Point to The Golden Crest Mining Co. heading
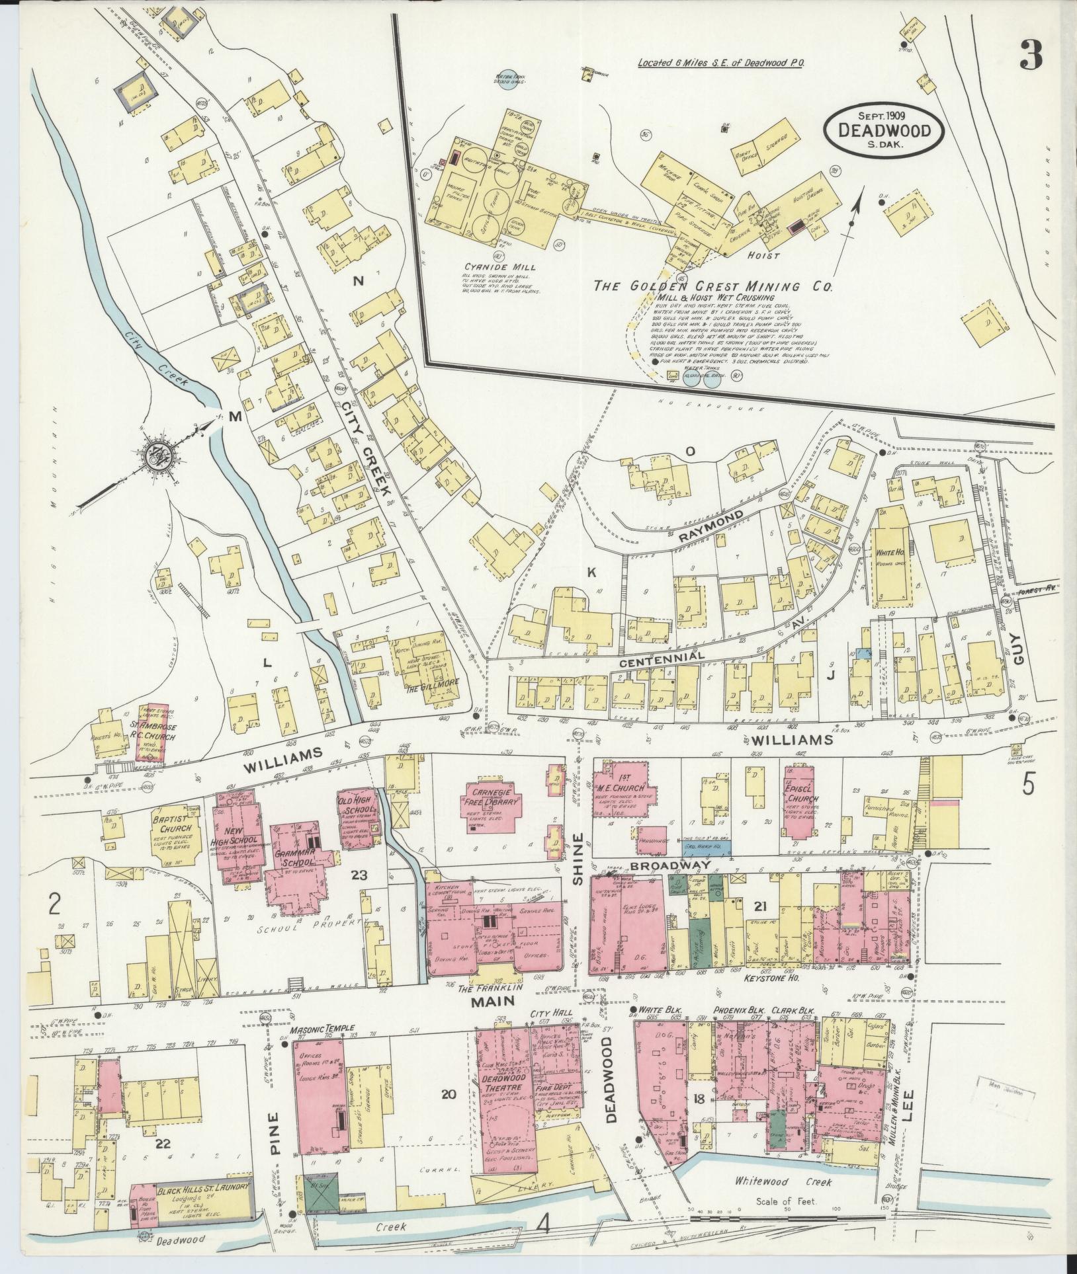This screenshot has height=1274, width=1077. pyautogui.click(x=713, y=286)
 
